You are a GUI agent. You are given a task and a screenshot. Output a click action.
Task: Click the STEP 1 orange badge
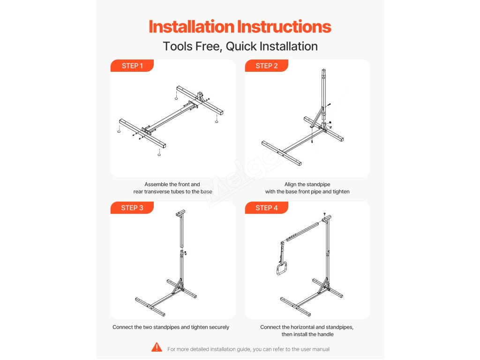tap(132, 66)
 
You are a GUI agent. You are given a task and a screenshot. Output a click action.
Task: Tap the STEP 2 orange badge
tap(266, 66)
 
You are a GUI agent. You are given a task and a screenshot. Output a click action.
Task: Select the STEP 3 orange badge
tap(132, 208)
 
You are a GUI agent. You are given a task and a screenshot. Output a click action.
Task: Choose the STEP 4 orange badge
tap(266, 208)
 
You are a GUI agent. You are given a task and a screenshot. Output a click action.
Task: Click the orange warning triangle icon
tap(157, 347)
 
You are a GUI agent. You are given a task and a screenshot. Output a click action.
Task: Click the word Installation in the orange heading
tap(191, 27)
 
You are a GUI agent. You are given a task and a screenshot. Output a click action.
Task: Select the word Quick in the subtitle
tap(241, 46)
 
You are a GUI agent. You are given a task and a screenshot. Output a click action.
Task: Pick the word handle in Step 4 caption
tap(325, 334)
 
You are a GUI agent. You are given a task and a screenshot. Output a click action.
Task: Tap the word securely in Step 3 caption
tap(219, 327)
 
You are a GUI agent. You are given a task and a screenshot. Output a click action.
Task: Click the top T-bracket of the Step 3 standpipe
tap(180, 213)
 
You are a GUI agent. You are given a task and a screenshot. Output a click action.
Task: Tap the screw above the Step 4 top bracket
tap(324, 214)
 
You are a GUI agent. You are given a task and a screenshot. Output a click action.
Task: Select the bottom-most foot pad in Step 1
tap(159, 154)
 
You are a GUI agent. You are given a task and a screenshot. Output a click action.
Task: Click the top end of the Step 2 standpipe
tap(323, 70)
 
